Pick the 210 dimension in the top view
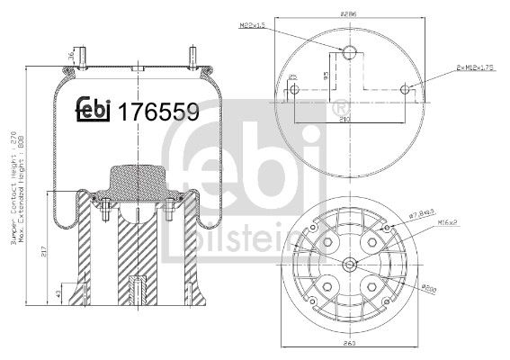coord(344,116)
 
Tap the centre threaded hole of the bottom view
coord(349,264)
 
